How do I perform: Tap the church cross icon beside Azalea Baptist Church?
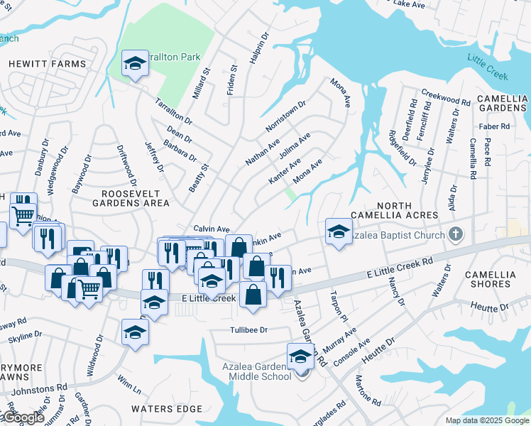coord(456,234)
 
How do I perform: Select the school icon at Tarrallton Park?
coord(133,64)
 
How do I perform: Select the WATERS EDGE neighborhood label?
coord(166,409)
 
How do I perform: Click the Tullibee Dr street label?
coord(248,330)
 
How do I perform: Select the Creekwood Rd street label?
coord(446,98)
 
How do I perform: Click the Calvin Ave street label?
coord(212,229)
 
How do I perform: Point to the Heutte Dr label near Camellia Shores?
coord(494,307)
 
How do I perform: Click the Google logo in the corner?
coord(23,417)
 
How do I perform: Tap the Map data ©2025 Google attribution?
coord(487,420)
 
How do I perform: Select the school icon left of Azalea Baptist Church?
coord(339,231)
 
